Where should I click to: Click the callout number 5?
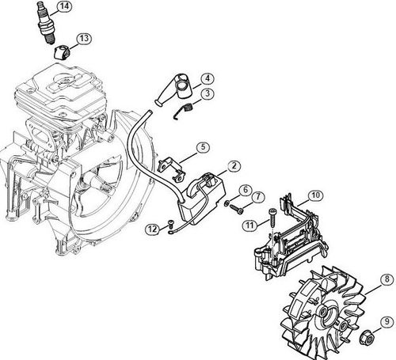tap(203, 146)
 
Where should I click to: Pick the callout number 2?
tap(234, 166)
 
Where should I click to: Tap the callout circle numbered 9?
tap(385, 321)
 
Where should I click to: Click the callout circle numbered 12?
tap(151, 229)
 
